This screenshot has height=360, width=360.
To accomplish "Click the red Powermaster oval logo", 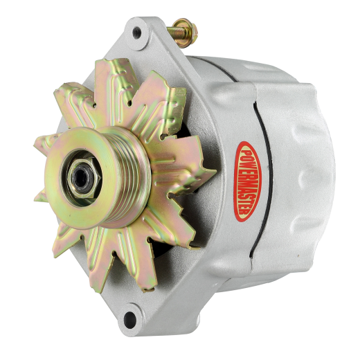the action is (247, 181).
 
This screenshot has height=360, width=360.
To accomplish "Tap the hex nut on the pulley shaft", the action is (84, 178).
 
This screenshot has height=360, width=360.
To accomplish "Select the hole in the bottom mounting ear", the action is (130, 318).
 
